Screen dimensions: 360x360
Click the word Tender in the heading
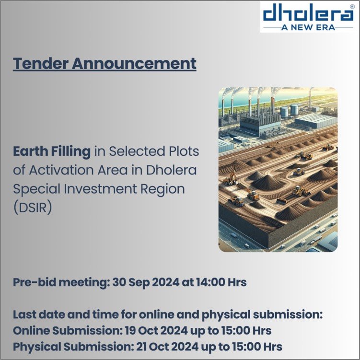40,63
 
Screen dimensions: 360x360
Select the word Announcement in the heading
134,63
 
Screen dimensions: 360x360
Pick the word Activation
61,170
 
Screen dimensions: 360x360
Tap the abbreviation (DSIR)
33,208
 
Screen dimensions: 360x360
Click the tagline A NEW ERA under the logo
308,27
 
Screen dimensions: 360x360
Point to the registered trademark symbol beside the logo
352,7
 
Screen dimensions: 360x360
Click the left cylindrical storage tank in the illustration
284,112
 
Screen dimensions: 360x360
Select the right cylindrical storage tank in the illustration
294,109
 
